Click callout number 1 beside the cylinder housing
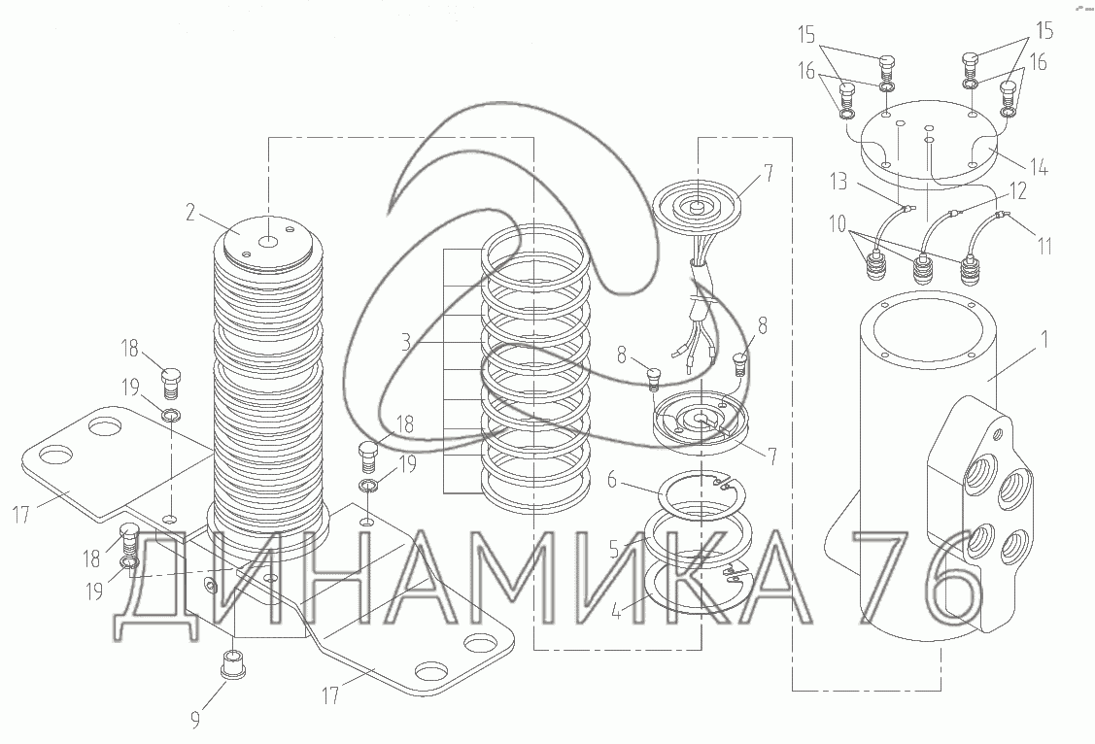(1044, 340)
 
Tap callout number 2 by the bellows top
(190, 213)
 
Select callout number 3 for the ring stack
(406, 343)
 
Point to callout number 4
(616, 611)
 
